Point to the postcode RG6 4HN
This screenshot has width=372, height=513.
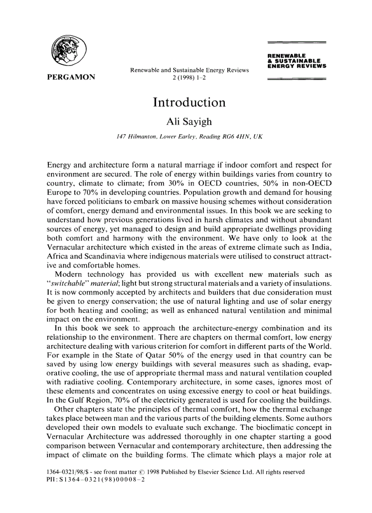[235, 136]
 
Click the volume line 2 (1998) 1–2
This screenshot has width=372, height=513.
[189, 78]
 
